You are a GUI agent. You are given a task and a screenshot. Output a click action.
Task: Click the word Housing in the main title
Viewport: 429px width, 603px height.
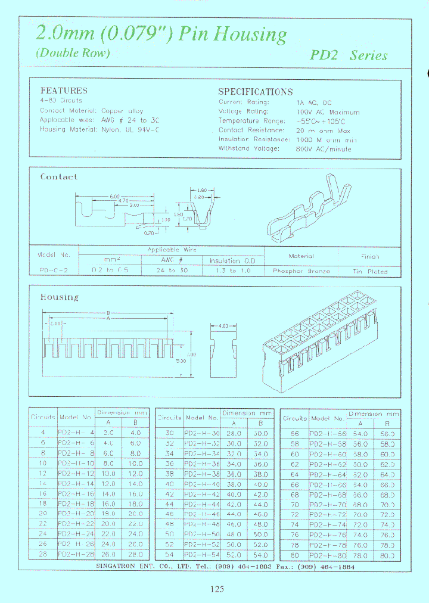(250, 35)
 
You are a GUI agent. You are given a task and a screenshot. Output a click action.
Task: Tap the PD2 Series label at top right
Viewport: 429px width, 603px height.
(349, 55)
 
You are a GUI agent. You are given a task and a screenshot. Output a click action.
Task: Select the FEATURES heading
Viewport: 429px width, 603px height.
(64, 91)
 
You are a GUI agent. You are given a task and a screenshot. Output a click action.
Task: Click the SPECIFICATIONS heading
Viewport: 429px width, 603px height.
(255, 92)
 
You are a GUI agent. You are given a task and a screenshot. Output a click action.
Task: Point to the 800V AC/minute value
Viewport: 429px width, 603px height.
(324, 148)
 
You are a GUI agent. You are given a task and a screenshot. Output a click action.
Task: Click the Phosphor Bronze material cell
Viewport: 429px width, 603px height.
(301, 271)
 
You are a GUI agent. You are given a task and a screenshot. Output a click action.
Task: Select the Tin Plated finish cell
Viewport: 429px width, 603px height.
(370, 271)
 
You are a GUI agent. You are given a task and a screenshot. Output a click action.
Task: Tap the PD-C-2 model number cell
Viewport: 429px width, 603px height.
(54, 270)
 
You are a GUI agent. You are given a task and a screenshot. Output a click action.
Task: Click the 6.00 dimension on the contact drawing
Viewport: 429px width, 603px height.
(115, 197)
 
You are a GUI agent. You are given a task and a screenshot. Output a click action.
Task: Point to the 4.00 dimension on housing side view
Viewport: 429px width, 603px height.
(222, 326)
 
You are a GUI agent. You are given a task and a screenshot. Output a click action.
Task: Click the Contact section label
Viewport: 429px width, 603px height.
(58, 177)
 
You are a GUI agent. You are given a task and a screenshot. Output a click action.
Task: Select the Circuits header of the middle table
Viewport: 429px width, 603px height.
(169, 418)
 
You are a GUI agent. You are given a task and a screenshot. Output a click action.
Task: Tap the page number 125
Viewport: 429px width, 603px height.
(217, 589)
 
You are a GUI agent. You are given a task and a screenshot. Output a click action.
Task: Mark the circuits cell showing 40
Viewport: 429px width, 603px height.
(169, 485)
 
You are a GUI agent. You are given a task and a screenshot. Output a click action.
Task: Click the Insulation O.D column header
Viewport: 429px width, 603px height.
(232, 260)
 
